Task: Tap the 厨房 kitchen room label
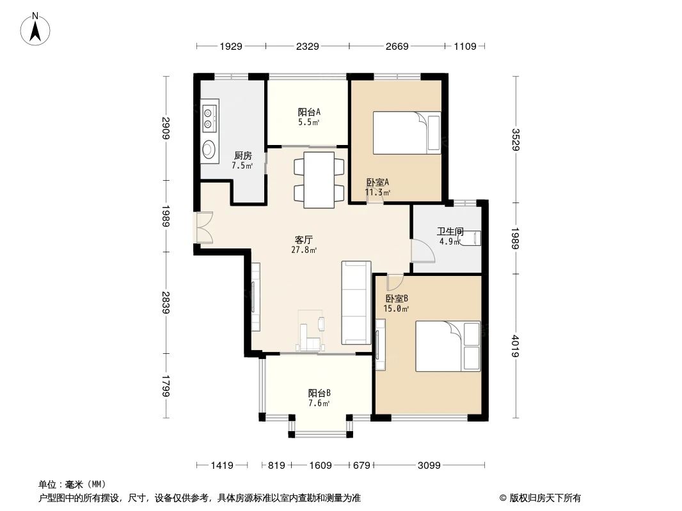click(242, 160)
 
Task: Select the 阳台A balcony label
click(309, 116)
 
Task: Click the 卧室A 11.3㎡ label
click(377, 187)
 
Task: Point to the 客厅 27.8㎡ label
click(303, 245)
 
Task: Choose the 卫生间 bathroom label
click(450, 236)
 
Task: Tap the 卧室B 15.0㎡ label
click(397, 303)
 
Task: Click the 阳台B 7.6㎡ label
click(319, 397)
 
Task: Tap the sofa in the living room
click(356, 302)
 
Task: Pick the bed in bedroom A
click(407, 133)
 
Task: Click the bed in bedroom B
click(448, 346)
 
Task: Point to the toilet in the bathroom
click(473, 238)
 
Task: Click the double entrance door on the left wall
click(205, 227)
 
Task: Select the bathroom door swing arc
click(422, 250)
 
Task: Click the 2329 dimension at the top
click(308, 47)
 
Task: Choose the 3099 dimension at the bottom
click(429, 466)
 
